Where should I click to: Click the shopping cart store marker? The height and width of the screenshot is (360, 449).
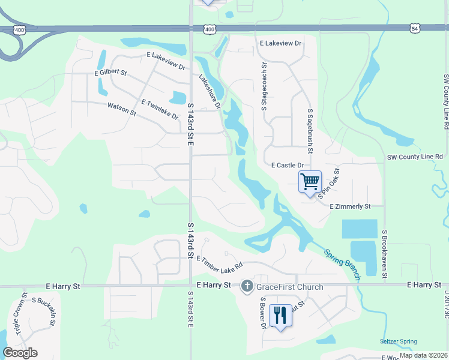310,182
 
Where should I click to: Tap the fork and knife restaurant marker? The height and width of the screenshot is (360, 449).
280,315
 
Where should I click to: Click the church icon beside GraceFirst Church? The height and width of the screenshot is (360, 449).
247,287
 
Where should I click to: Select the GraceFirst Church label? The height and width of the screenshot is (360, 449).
290,287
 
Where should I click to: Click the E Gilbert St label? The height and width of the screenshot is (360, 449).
111,73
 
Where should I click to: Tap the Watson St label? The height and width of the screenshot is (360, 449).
119,107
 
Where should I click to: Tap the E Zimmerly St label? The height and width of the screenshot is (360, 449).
350,206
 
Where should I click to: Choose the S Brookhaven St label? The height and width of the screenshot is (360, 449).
385,253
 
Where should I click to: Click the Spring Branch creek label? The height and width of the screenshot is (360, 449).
343,265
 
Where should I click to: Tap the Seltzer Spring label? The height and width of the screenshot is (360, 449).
399,342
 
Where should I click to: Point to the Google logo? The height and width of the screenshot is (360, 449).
20,353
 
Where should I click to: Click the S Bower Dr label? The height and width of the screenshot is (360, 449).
262,314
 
